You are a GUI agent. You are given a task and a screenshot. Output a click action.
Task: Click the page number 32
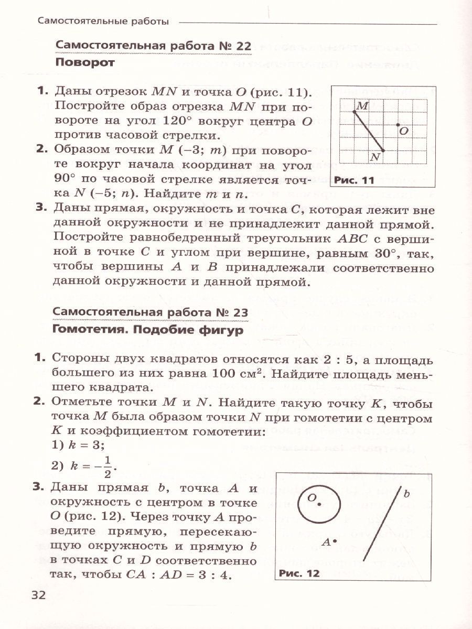pyautogui.click(x=39, y=595)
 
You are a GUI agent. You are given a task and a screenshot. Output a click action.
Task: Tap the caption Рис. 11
pyautogui.click(x=353, y=181)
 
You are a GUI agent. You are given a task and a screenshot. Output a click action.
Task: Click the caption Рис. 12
pyautogui.click(x=299, y=573)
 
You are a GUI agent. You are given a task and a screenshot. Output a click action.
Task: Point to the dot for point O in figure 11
pyautogui.click(x=398, y=125)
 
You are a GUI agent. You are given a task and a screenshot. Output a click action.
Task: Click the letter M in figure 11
pyautogui.click(x=362, y=106)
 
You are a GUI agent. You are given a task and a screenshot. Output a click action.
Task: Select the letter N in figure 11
pyautogui.click(x=374, y=157)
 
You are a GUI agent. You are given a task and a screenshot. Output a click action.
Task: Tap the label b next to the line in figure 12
pyautogui.click(x=406, y=493)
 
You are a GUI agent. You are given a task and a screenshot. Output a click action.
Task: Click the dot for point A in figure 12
pyautogui.click(x=335, y=540)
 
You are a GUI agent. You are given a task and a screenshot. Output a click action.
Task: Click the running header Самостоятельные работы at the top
pyautogui.click(x=103, y=22)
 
